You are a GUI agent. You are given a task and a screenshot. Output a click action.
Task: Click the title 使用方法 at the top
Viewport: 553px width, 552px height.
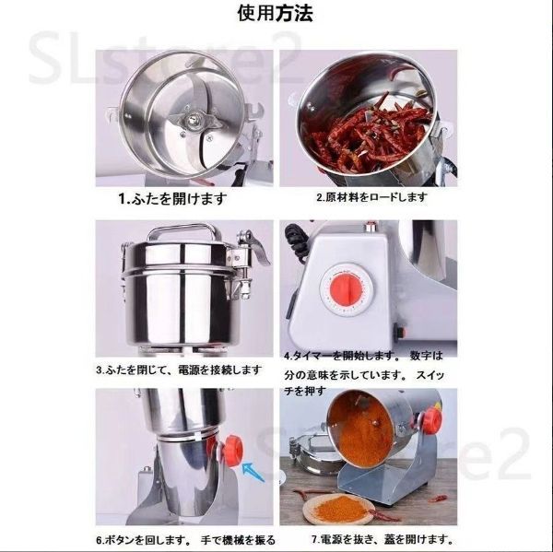tap(275, 14)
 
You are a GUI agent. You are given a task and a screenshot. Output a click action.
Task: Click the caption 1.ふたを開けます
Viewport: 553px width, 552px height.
tap(173, 199)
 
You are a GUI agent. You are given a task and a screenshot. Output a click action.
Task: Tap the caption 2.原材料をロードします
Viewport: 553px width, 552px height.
tap(371, 197)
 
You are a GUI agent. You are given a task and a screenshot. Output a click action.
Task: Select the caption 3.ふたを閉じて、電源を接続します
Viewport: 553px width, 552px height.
tap(179, 370)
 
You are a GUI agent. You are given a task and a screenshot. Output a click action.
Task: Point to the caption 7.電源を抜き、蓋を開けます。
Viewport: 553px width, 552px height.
tap(382, 539)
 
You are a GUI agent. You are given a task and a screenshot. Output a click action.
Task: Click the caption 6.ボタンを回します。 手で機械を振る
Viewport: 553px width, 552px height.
tap(185, 540)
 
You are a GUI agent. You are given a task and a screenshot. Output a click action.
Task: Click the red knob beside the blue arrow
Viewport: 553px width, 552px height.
tap(231, 452)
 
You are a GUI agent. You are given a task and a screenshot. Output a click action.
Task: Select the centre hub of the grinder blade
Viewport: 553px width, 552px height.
tap(193, 120)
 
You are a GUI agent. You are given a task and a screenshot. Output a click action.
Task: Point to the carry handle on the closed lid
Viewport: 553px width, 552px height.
tap(182, 230)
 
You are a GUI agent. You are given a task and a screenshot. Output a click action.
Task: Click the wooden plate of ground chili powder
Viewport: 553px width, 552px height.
tap(338, 509)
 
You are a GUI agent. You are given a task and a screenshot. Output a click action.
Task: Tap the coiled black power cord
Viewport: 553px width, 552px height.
tap(295, 243)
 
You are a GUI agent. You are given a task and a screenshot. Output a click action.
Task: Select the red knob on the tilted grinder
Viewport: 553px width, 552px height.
tap(429, 420)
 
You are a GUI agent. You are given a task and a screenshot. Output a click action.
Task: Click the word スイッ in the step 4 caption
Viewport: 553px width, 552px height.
tap(429, 375)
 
